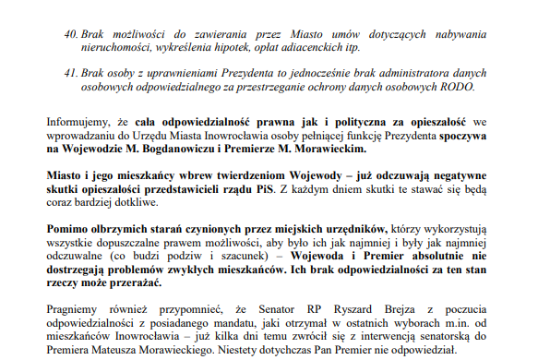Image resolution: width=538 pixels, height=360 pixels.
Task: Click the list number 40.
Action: click(71, 34)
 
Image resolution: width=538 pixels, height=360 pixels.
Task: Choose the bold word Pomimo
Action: click(66, 228)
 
